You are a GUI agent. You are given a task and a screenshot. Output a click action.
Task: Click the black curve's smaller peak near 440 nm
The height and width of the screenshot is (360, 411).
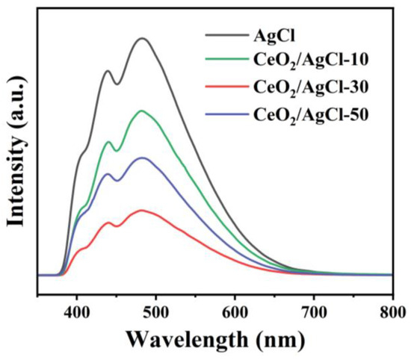tap(108, 71)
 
